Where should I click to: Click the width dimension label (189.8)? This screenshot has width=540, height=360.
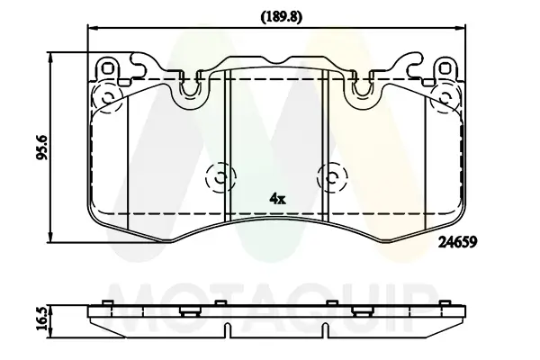tap(281, 17)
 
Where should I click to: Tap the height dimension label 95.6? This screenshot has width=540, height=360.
tap(42, 148)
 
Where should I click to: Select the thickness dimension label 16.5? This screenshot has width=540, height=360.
tap(42, 319)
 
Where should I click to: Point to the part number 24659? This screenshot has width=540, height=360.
tap(457, 242)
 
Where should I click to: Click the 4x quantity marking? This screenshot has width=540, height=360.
tap(277, 199)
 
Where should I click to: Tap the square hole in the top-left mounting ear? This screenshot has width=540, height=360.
tap(108, 68)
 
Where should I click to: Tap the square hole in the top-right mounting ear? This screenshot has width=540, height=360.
tap(445, 68)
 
